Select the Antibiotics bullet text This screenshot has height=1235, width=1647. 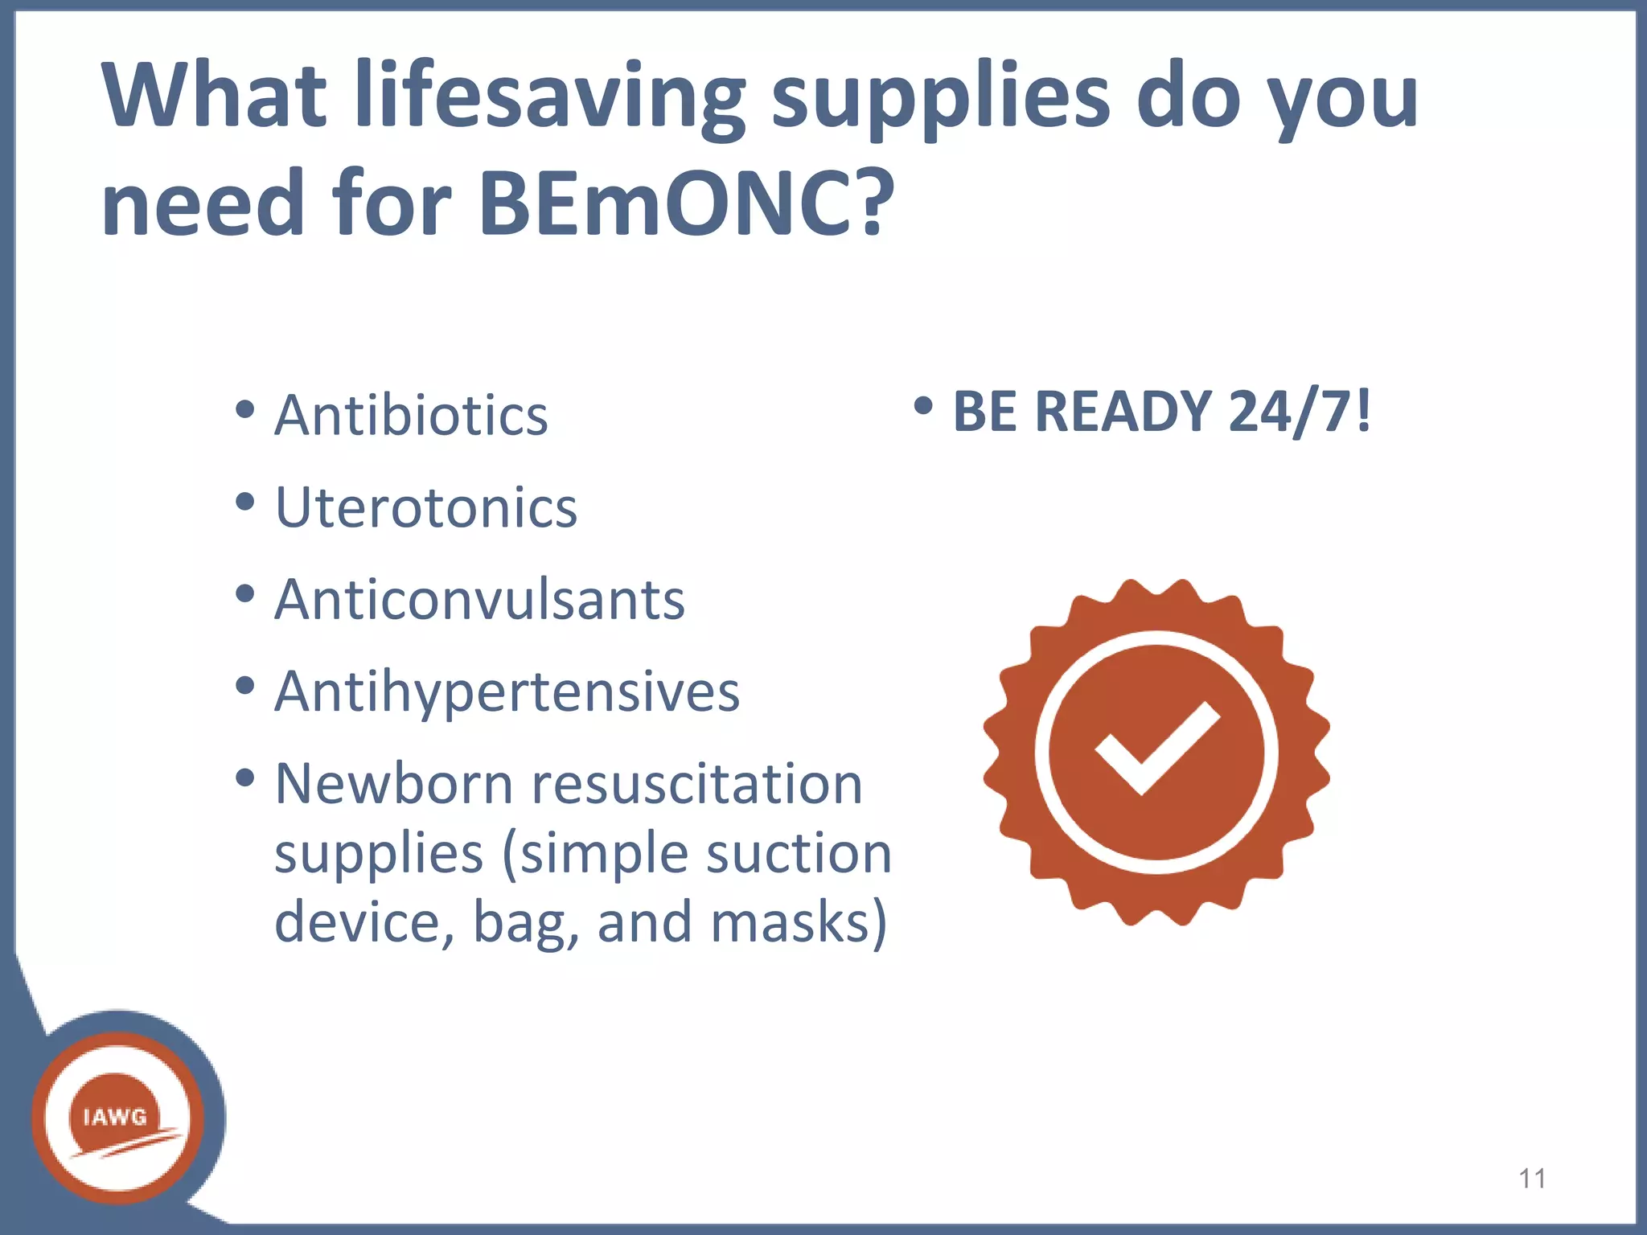411,416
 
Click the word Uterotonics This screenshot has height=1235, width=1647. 426,508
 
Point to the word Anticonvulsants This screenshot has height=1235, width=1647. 479,600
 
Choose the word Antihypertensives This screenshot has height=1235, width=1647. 507,691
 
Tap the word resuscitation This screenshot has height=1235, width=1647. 697,784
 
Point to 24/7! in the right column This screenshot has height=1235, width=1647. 1300,412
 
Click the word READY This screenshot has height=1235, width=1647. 1122,412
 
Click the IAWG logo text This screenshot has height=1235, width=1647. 115,1117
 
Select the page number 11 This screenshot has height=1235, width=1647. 1532,1179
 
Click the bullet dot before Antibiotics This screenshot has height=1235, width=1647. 245,410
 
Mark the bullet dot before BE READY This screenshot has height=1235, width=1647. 923,406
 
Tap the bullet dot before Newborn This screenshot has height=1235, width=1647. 245,778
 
